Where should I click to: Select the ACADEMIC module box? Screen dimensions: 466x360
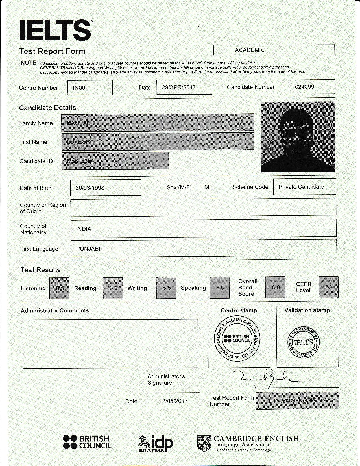pos(274,50)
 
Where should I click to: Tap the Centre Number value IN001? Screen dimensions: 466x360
pos(90,88)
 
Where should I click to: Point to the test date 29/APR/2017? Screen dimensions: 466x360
pos(184,87)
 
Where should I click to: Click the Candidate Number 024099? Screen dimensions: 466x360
pos(312,87)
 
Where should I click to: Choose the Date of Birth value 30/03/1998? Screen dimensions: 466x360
pos(105,188)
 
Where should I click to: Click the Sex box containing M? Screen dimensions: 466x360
pos(207,187)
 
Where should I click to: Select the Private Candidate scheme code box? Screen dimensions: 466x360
pos(304,187)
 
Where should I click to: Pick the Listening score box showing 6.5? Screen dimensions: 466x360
pos(59,288)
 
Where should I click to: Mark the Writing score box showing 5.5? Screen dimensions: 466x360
pos(166,288)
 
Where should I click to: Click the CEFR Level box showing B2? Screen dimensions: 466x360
pos(328,287)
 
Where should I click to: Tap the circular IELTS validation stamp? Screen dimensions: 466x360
pos(304,343)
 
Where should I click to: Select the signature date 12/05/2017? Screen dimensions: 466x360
pos(173,401)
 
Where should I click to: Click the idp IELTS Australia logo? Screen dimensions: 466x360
pos(156,443)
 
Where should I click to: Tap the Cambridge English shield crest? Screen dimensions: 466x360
pos(204,443)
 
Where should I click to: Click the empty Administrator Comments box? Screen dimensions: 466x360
pos(110,344)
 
